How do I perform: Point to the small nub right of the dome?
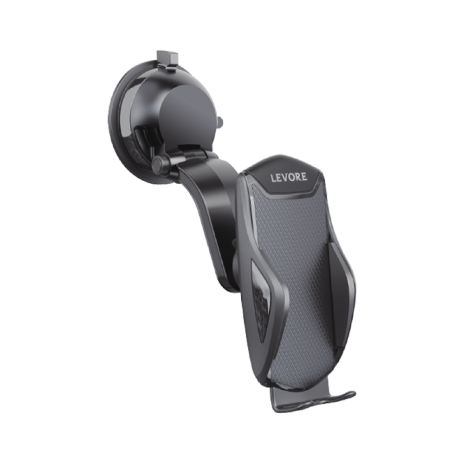tap(219, 122)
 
